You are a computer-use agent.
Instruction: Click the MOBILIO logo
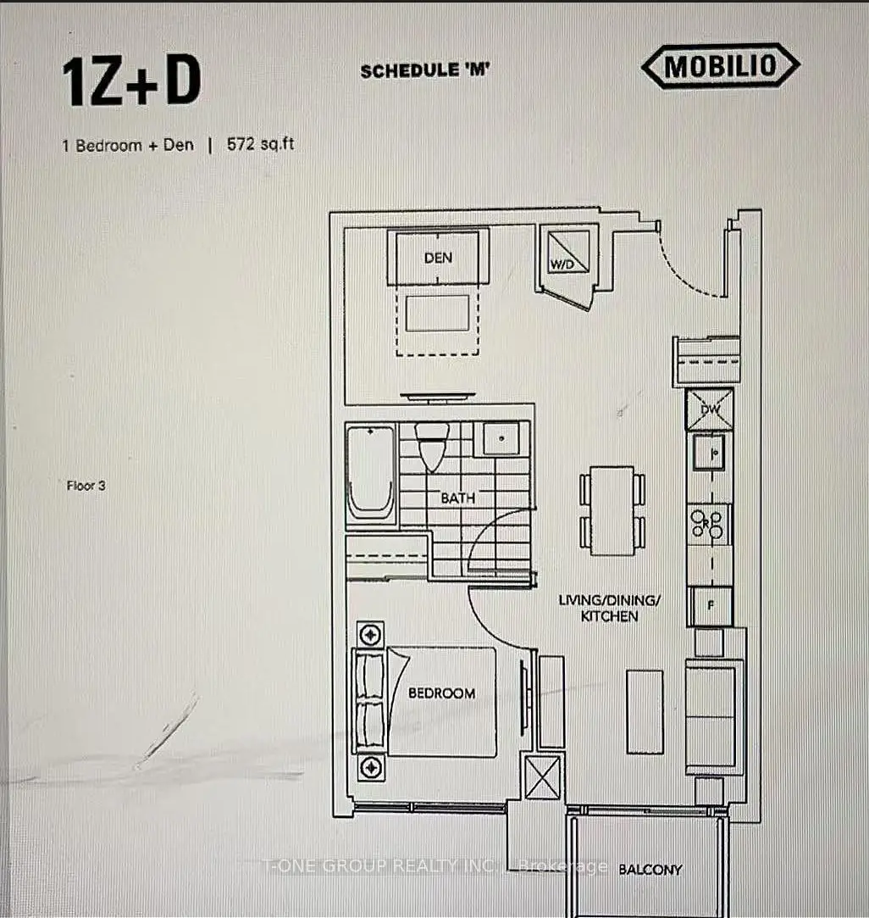click(x=721, y=66)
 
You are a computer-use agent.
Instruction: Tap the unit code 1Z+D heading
click(x=131, y=82)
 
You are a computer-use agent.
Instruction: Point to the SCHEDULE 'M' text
click(x=425, y=71)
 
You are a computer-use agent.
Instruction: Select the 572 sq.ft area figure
click(x=260, y=144)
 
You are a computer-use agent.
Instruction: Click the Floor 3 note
click(x=86, y=486)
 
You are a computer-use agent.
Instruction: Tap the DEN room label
click(x=438, y=258)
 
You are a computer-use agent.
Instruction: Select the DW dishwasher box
click(x=710, y=409)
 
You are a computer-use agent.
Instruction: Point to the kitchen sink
click(x=709, y=452)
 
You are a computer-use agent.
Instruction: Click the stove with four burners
click(x=709, y=524)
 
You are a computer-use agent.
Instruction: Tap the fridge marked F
click(x=711, y=606)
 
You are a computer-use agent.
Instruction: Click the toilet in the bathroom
click(x=432, y=446)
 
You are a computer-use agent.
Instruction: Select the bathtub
click(x=370, y=472)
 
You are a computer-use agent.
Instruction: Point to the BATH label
click(x=457, y=498)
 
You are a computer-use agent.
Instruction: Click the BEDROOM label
click(x=442, y=693)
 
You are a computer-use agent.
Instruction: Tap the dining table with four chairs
click(x=612, y=510)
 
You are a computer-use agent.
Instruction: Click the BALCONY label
click(x=650, y=870)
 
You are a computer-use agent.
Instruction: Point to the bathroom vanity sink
click(x=501, y=438)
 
